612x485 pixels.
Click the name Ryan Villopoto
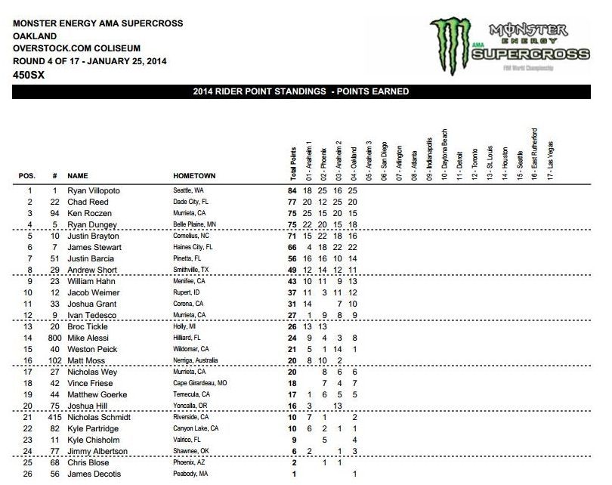coord(94,191)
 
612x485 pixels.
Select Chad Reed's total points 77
coord(292,202)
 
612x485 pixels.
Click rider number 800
coord(54,338)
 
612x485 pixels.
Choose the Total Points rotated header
coord(293,160)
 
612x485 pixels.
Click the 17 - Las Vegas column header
coord(551,159)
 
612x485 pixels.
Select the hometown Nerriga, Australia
coord(199,360)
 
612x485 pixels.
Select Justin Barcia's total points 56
coord(292,258)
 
